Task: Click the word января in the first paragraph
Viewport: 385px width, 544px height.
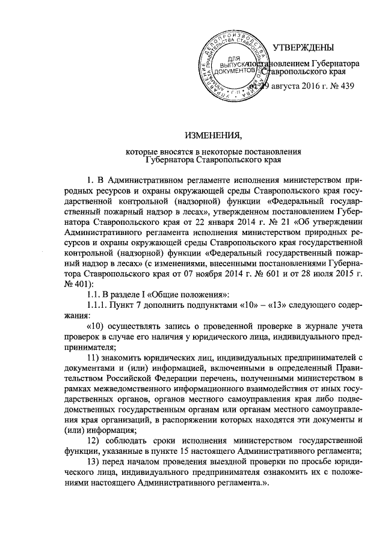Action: coord(211,211)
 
